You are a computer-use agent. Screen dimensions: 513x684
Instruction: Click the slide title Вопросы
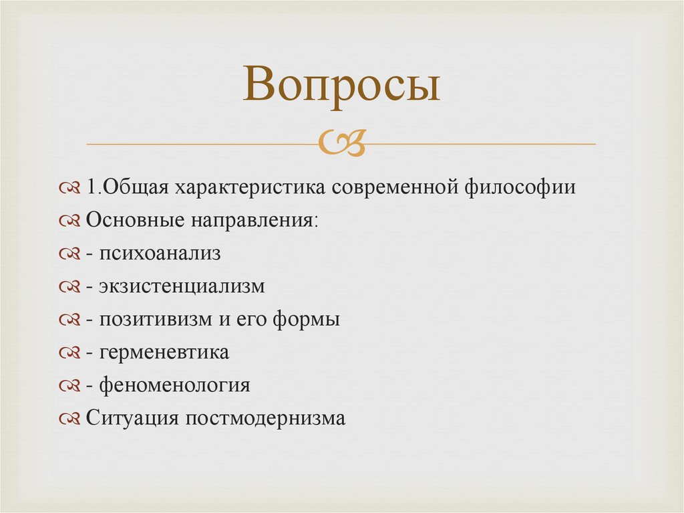coord(341,86)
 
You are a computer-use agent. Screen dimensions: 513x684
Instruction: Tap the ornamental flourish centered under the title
coord(342,142)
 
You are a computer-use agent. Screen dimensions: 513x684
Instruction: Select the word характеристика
coord(251,187)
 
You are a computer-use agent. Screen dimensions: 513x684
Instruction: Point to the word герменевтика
coord(164,352)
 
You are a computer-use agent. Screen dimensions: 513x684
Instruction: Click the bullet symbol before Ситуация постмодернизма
coord(69,419)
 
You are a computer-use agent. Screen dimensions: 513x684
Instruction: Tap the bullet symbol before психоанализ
coord(69,254)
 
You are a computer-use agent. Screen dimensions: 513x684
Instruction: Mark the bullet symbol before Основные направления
coord(69,221)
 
